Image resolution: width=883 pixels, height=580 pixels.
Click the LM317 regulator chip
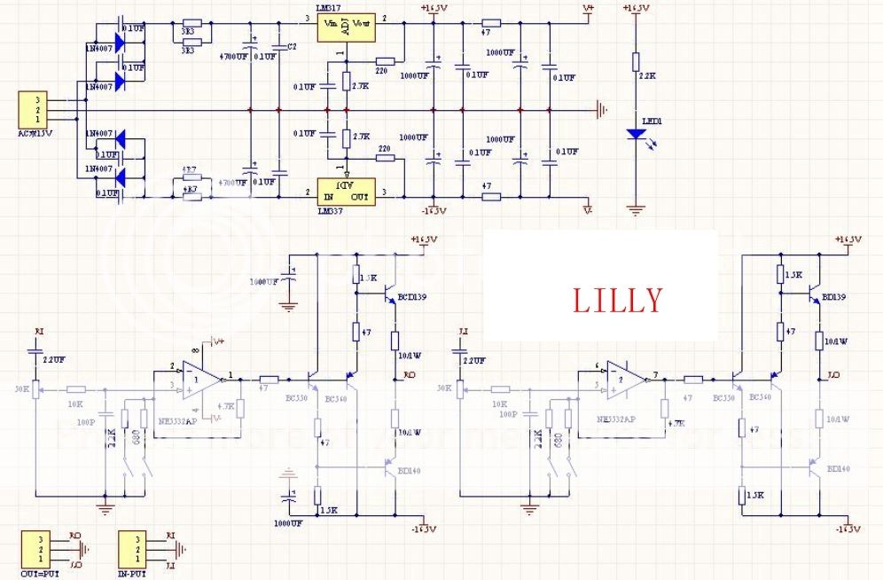pos(346,27)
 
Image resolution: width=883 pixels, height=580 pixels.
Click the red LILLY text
pos(617,301)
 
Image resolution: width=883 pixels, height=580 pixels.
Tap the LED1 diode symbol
pos(635,134)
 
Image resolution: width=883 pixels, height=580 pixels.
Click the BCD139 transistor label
pos(411,297)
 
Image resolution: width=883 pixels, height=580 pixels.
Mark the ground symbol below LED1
pos(635,210)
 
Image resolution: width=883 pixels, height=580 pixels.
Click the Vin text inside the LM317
pos(332,23)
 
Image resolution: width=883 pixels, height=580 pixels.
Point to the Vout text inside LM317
pos(362,23)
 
